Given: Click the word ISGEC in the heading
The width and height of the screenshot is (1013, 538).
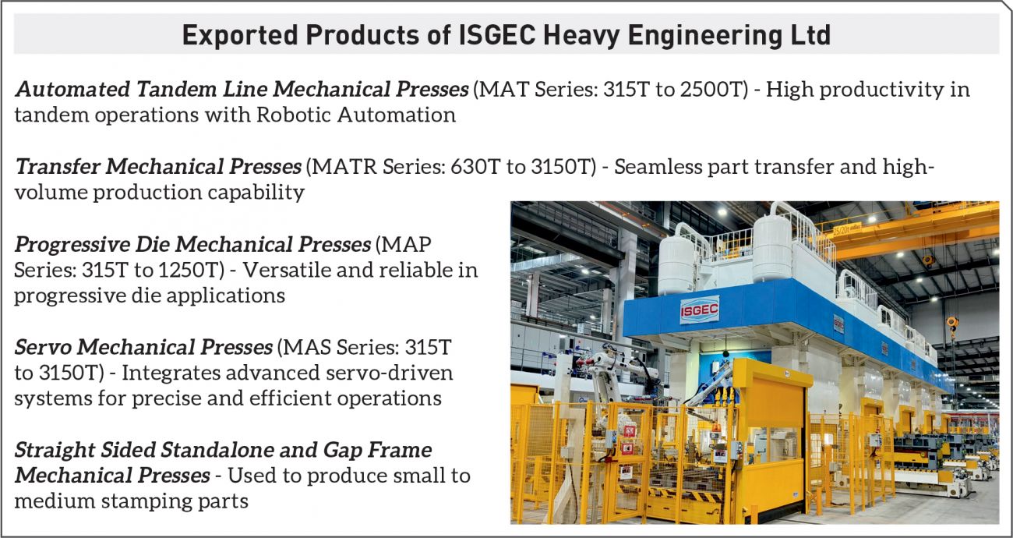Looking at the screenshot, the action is [497, 35].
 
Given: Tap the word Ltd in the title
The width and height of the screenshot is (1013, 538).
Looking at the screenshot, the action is [811, 35].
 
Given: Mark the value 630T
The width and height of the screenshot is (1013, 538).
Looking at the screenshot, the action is [475, 167].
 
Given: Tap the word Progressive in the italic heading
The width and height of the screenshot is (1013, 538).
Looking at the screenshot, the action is [71, 245].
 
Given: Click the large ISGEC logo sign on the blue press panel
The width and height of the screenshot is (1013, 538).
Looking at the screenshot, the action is [700, 310].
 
